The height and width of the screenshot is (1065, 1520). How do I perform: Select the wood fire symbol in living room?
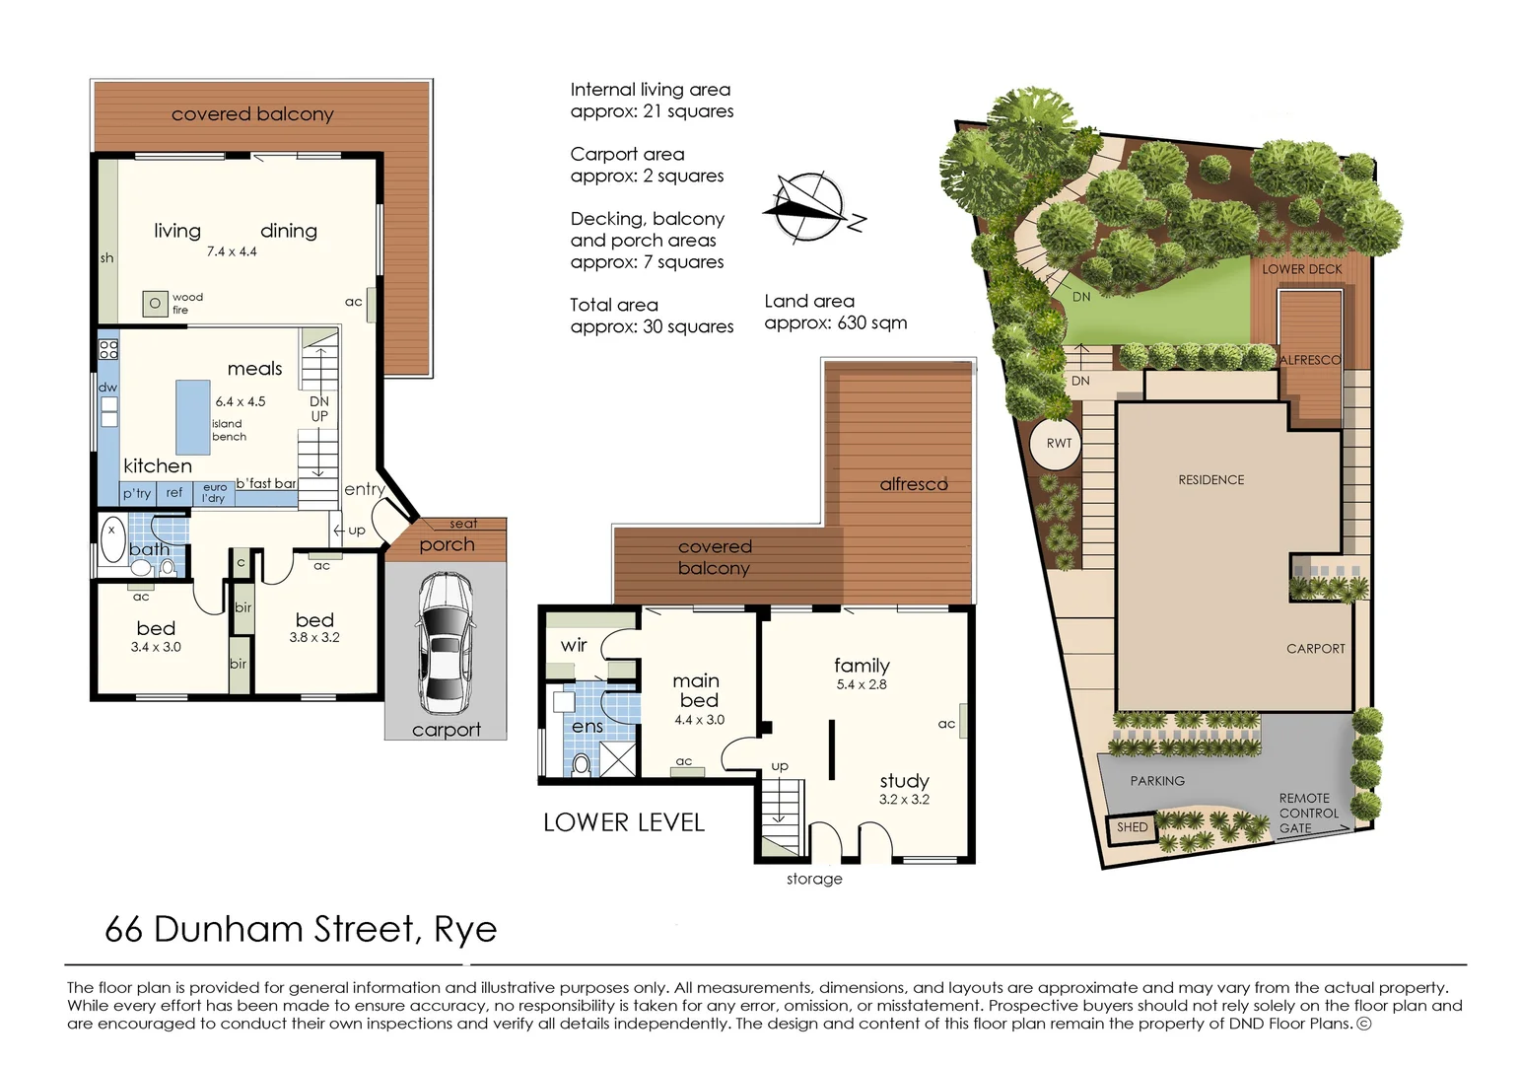click(x=155, y=304)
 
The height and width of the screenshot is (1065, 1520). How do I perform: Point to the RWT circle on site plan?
click(x=1059, y=443)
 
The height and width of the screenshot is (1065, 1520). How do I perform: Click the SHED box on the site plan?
click(x=1132, y=827)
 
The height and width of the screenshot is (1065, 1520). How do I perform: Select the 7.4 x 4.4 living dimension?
click(x=232, y=251)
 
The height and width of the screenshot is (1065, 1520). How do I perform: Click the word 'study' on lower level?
click(x=904, y=781)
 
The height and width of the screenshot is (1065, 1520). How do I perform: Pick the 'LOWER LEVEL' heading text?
click(x=624, y=822)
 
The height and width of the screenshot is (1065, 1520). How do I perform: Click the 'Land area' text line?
click(x=809, y=302)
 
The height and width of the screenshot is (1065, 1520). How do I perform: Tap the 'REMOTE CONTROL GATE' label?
click(x=1308, y=814)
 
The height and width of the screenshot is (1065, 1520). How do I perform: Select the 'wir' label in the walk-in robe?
click(x=574, y=645)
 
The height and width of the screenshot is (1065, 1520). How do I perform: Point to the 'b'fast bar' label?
click(x=265, y=483)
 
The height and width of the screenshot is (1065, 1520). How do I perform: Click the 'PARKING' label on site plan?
click(x=1157, y=781)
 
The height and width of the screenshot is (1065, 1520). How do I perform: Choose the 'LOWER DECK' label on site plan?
click(x=1302, y=269)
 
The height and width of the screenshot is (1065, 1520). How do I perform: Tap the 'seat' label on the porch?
click(x=462, y=524)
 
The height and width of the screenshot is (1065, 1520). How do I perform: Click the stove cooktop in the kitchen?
click(x=108, y=349)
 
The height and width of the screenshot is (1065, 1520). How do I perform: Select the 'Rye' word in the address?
click(x=465, y=930)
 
